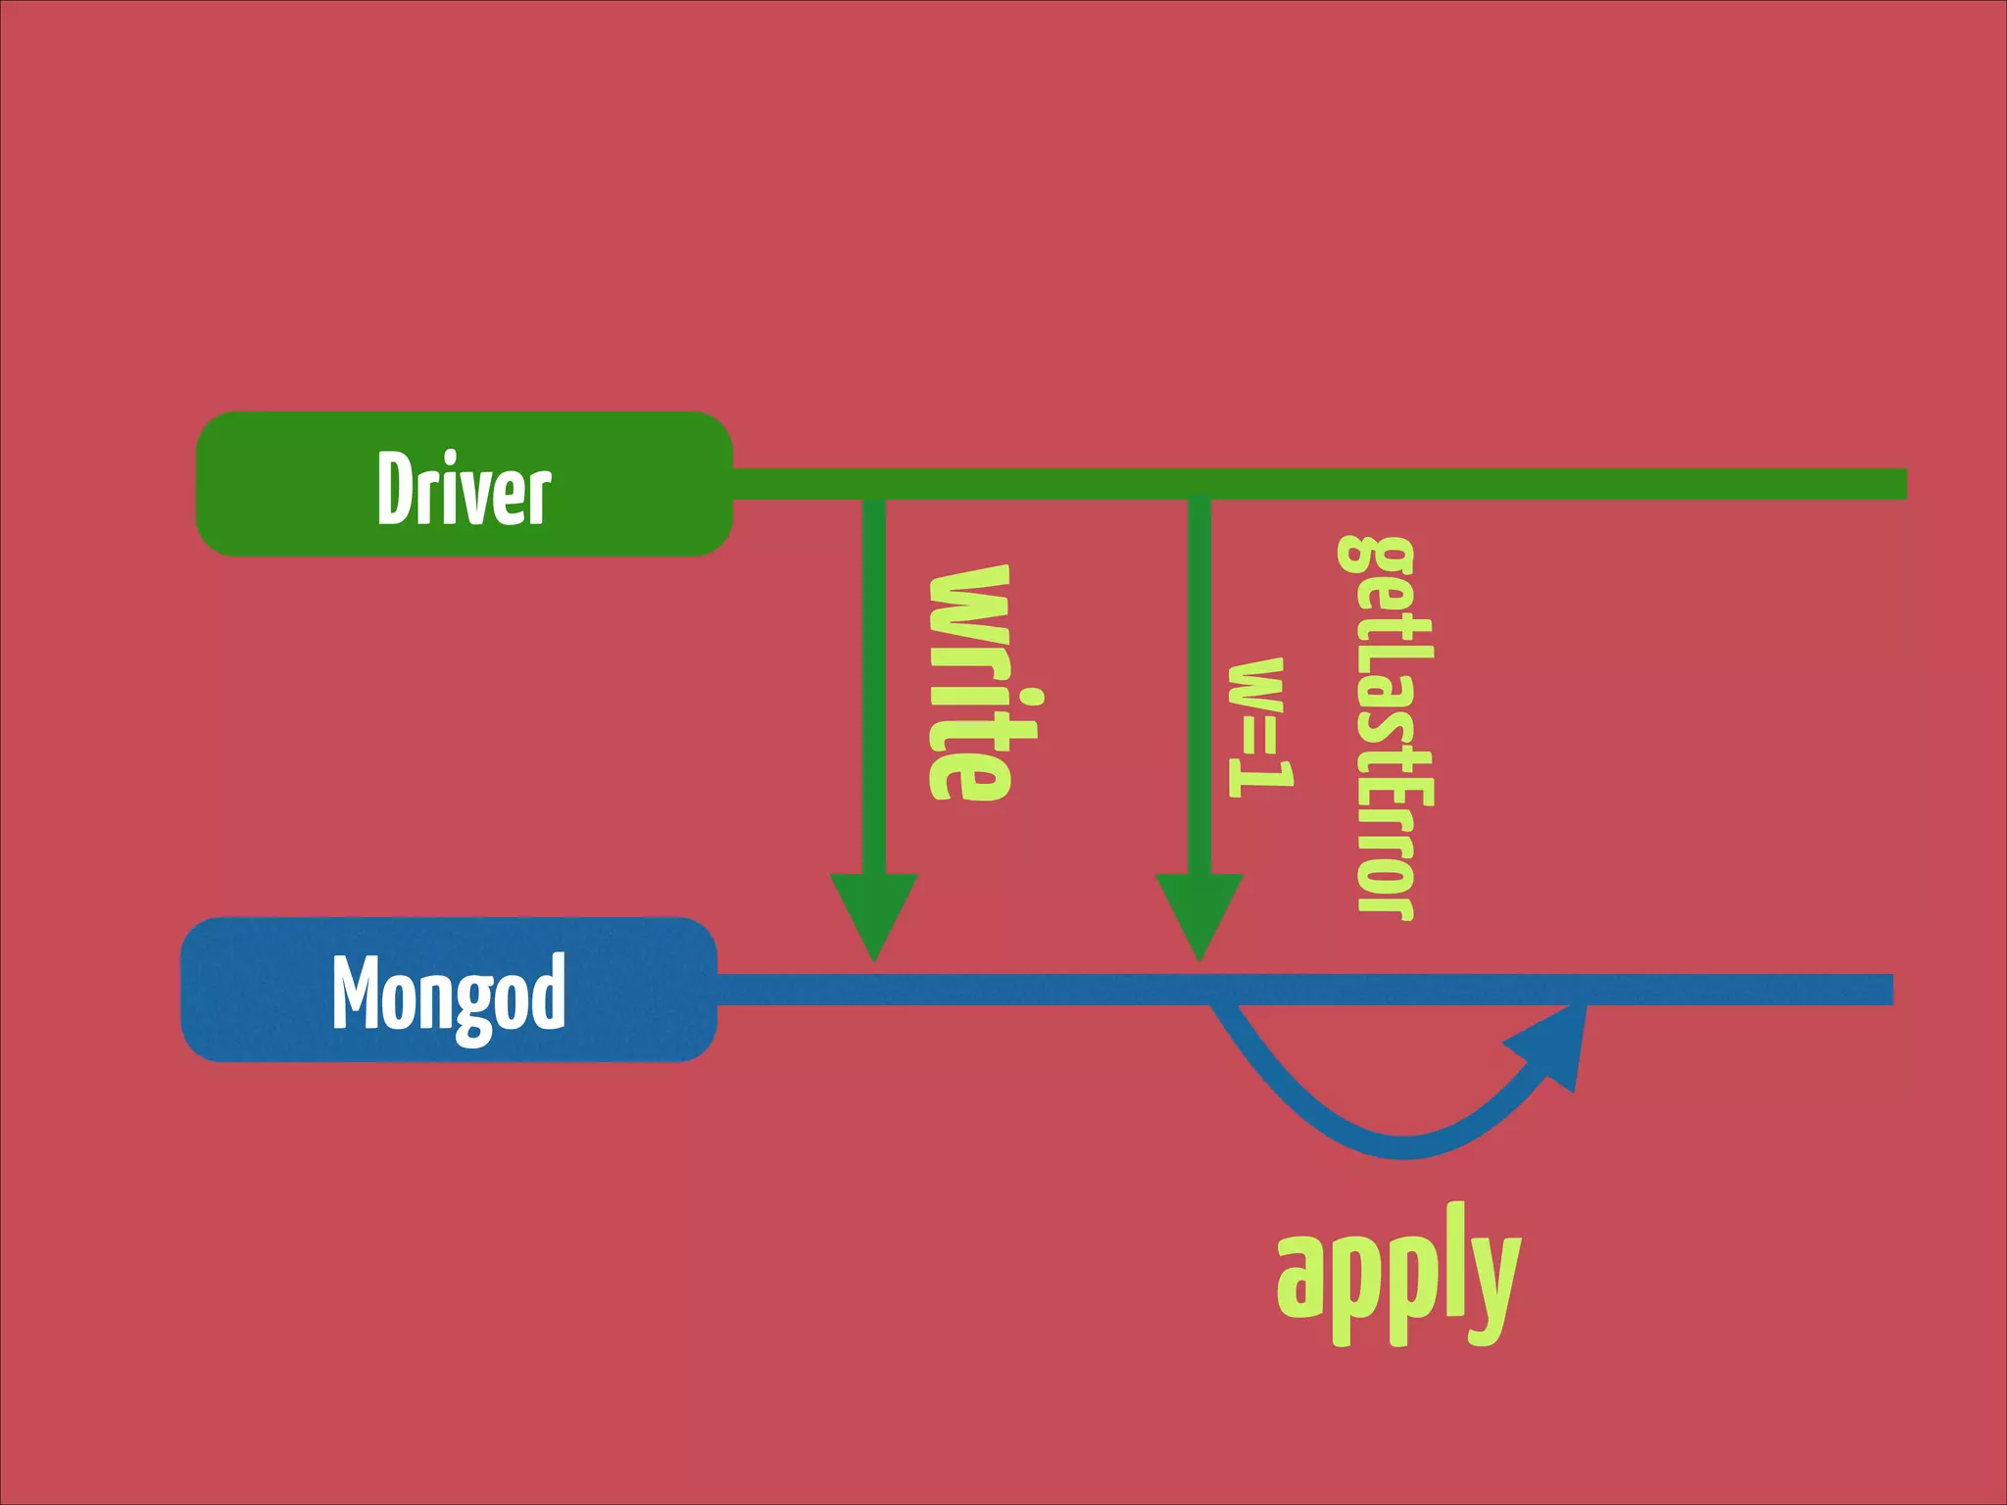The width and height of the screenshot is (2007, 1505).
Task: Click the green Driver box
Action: [x=464, y=484]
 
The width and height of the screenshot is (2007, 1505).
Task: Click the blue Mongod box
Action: [x=449, y=990]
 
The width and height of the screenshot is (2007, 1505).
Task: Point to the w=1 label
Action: [x=1260, y=727]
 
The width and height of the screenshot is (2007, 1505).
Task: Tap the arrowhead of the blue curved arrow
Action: [x=1552, y=1043]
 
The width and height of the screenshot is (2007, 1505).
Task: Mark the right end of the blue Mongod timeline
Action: [x=1885, y=990]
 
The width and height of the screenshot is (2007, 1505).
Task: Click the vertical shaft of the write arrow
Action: [x=873, y=686]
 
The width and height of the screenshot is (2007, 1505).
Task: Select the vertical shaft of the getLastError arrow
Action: [x=1199, y=686]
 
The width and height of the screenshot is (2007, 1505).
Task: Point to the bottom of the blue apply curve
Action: [x=1403, y=1146]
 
